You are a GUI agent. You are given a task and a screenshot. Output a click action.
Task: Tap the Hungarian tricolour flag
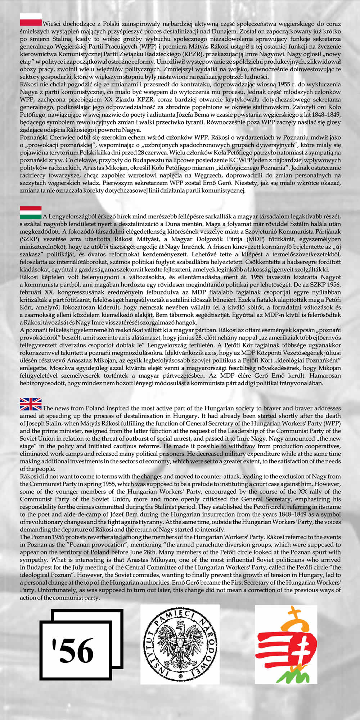(x=31, y=212)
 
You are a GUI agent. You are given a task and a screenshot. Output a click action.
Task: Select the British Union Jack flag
(x=31, y=404)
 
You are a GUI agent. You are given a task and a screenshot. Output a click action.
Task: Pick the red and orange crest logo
(x=286, y=644)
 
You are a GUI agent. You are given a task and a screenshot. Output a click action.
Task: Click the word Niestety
(x=250, y=183)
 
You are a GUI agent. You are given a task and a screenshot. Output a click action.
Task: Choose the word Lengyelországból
(x=72, y=216)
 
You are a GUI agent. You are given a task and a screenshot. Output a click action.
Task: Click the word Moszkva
(x=31, y=368)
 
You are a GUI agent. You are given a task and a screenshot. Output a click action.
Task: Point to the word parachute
(x=211, y=545)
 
